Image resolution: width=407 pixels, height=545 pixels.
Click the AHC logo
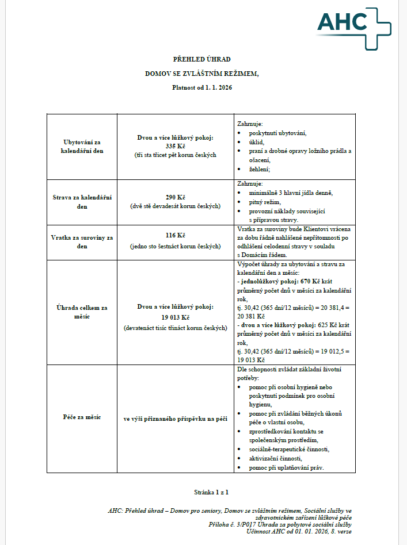click(x=353, y=23)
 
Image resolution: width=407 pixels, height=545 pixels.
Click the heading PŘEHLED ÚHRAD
click(x=202, y=59)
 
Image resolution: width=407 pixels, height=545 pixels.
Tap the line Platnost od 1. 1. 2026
click(x=202, y=88)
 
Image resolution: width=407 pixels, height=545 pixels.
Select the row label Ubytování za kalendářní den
click(x=82, y=146)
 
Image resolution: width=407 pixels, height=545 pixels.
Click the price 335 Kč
click(x=174, y=146)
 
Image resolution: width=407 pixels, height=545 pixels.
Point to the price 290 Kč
click(x=174, y=197)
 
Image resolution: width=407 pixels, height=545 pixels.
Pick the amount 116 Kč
click(x=174, y=236)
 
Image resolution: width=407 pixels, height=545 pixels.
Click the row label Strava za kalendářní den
click(x=82, y=202)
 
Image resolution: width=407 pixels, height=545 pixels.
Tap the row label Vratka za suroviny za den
click(x=82, y=241)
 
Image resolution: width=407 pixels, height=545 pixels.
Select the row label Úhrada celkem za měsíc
click(x=82, y=312)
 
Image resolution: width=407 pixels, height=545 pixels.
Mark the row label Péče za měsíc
click(x=82, y=417)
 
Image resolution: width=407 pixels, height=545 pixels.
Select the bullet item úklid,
click(x=256, y=142)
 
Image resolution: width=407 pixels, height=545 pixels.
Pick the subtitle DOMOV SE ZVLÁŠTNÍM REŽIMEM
click(x=202, y=74)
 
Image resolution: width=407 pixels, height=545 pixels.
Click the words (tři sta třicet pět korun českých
click(x=174, y=155)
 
